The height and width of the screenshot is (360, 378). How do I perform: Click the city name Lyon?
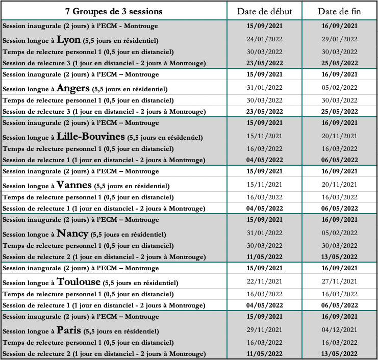[69, 39]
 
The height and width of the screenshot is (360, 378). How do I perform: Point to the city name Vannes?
[74, 185]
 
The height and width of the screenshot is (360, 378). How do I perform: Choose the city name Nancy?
[72, 233]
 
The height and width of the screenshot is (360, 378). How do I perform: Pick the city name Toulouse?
[79, 281]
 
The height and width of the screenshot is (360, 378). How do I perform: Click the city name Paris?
[69, 330]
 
